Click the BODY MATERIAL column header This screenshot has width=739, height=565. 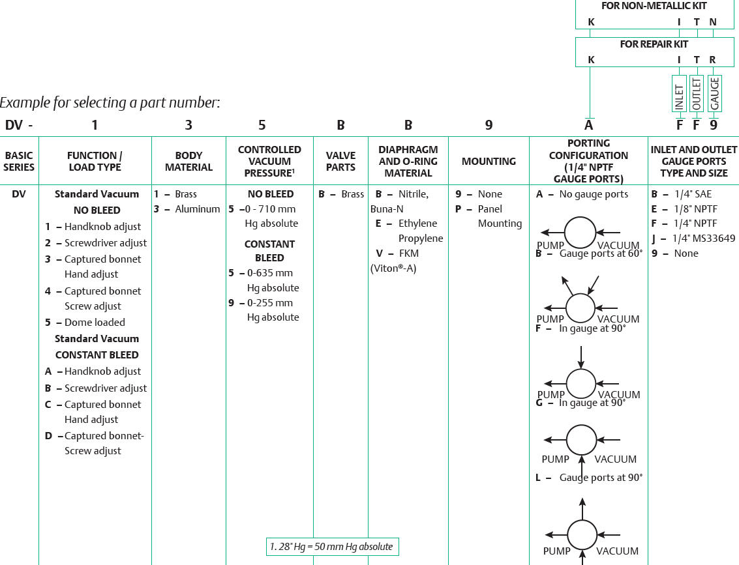(189, 161)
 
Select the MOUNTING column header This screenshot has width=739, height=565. (489, 162)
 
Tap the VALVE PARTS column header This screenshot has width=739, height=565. (340, 161)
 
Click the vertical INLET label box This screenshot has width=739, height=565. (679, 94)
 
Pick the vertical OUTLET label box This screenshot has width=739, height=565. (697, 94)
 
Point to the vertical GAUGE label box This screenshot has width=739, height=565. (714, 94)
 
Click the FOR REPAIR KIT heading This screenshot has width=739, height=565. (654, 44)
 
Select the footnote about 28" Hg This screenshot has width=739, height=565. (332, 547)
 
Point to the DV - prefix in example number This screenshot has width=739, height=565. (19, 125)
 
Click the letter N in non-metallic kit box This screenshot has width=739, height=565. (713, 22)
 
